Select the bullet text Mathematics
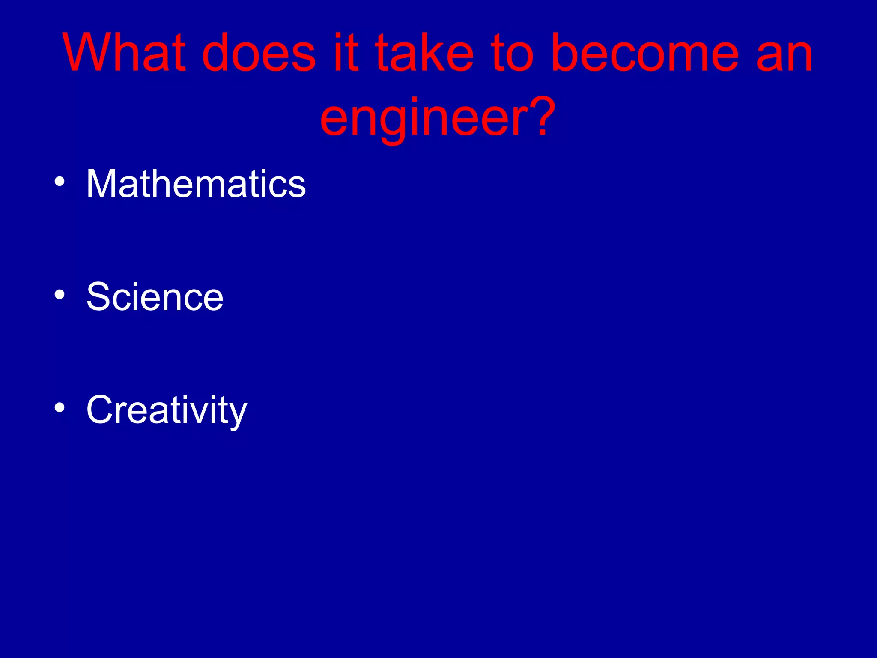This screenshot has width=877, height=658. coord(196,184)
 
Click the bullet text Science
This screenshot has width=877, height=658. coord(155,297)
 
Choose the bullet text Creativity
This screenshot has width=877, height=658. coord(167,410)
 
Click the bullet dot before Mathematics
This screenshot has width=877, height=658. coord(60,182)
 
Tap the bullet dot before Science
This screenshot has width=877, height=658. coord(60,295)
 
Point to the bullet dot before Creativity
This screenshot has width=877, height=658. coord(60,408)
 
